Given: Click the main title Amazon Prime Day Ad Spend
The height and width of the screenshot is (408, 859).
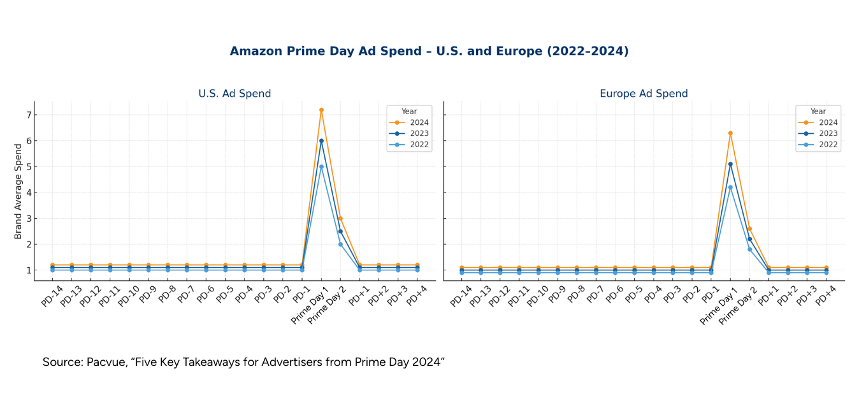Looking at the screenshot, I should tap(429, 52).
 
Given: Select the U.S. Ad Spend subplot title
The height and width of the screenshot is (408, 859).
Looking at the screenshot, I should tap(235, 94).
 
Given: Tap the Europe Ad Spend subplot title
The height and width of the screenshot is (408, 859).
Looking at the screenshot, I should tap(644, 94).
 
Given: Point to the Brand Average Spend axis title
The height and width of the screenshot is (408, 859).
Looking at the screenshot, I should tap(18, 191).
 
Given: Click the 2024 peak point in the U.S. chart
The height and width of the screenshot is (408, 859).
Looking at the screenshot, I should tap(321, 110).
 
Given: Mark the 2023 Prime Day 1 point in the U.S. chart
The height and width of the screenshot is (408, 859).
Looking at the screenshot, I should tap(321, 141).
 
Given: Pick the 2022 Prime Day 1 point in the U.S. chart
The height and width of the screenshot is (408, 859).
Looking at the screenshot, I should tap(321, 167).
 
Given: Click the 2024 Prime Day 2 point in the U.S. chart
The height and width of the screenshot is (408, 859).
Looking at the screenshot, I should tap(340, 219).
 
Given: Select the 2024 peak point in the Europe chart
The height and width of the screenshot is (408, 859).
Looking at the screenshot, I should tap(730, 133).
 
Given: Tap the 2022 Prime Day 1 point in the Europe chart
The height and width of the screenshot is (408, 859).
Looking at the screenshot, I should tap(730, 187).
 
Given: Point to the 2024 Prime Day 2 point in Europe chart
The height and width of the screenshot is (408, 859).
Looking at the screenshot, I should tap(749, 229).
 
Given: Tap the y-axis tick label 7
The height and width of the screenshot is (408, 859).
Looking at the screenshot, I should tap(28, 115).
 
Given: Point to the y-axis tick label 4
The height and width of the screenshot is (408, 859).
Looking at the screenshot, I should tap(28, 193).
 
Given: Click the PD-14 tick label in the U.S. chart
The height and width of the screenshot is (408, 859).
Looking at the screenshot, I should tap(52, 296).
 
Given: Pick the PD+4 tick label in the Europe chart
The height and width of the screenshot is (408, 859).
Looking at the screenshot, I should tap(827, 296).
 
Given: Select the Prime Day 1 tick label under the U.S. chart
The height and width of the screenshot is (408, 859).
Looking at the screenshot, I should tap(310, 306).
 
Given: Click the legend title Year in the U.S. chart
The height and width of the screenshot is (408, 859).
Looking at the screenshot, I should tap(409, 112).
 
